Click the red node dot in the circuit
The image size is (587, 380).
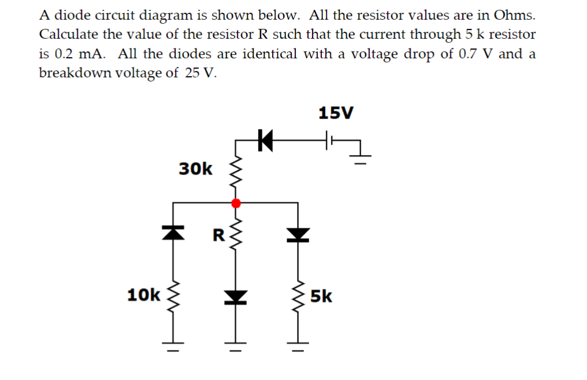coord(235,203)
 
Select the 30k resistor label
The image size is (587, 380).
coord(195,169)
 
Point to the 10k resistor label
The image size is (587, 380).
coord(143,295)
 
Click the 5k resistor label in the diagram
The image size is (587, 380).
coord(321,297)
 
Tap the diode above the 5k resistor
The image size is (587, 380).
coord(298,233)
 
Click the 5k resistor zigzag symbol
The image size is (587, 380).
coord(298,297)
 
